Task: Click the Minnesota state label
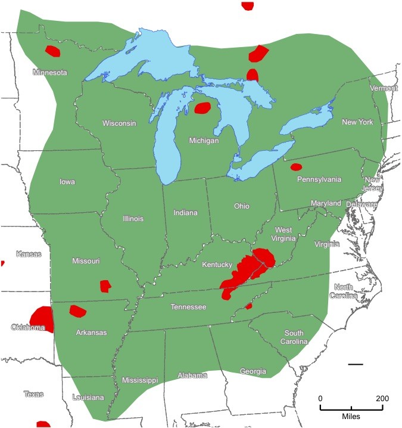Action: point(50,73)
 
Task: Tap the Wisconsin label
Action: point(119,123)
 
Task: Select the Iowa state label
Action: point(67,182)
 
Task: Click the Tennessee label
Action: point(188,307)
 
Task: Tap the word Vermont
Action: point(384,88)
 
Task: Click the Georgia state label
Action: point(253,371)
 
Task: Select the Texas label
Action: point(33,394)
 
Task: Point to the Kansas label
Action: point(29,254)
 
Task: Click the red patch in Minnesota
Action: point(53,51)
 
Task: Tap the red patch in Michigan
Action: point(202,108)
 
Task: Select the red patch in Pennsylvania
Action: point(296,167)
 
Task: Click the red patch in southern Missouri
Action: point(105,286)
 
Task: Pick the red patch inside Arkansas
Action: point(77,311)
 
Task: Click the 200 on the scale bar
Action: point(382,398)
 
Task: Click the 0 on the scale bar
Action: point(320,398)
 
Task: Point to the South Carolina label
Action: point(295,337)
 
